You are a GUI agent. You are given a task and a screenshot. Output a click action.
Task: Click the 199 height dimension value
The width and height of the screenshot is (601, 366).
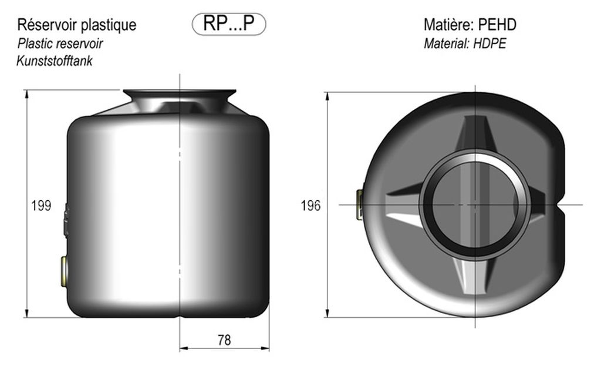(41, 206)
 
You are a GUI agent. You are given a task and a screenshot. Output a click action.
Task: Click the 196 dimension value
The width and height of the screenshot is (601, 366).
(310, 206)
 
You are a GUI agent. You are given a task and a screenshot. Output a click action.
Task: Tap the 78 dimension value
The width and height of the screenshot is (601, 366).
(224, 340)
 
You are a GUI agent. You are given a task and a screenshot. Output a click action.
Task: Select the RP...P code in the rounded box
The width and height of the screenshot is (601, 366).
(229, 23)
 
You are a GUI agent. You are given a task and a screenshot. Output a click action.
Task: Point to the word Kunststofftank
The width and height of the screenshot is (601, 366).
(55, 61)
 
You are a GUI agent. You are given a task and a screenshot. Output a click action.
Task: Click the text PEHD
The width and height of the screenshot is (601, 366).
(498, 25)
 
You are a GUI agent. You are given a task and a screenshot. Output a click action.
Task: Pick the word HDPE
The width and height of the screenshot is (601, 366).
(489, 43)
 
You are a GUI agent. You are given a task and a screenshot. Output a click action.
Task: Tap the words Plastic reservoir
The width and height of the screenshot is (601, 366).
(60, 43)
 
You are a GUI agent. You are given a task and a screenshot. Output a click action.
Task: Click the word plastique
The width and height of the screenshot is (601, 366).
(109, 25)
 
